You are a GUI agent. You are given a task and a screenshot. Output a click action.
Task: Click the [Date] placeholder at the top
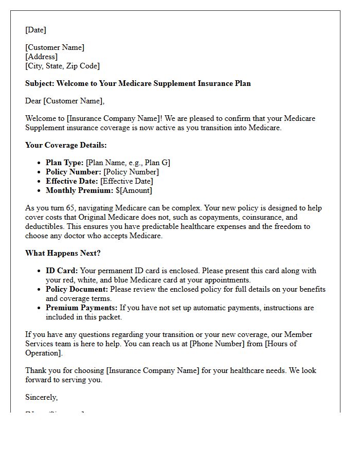[35, 30]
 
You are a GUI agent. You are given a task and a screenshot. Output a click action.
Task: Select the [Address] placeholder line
[41, 57]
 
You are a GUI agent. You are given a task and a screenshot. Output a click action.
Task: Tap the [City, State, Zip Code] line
[62, 66]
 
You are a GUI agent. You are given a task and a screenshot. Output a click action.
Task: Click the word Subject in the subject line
[39, 83]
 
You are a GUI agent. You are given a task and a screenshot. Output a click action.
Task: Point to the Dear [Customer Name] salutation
[65, 101]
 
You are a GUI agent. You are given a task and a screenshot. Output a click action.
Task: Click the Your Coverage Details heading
[66, 145]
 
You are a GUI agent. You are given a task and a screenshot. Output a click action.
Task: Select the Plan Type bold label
[64, 163]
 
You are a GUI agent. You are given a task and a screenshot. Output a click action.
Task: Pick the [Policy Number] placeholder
[131, 172]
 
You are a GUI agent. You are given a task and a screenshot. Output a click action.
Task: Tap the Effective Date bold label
[71, 181]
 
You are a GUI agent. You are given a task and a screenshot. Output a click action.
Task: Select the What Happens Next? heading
[63, 253]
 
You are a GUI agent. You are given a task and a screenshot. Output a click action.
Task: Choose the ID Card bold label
[62, 271]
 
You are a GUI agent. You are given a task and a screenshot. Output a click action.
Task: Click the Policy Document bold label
[77, 289]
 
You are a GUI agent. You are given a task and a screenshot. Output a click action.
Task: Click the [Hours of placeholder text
[280, 344]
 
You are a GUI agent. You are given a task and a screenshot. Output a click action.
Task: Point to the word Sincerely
[41, 397]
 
